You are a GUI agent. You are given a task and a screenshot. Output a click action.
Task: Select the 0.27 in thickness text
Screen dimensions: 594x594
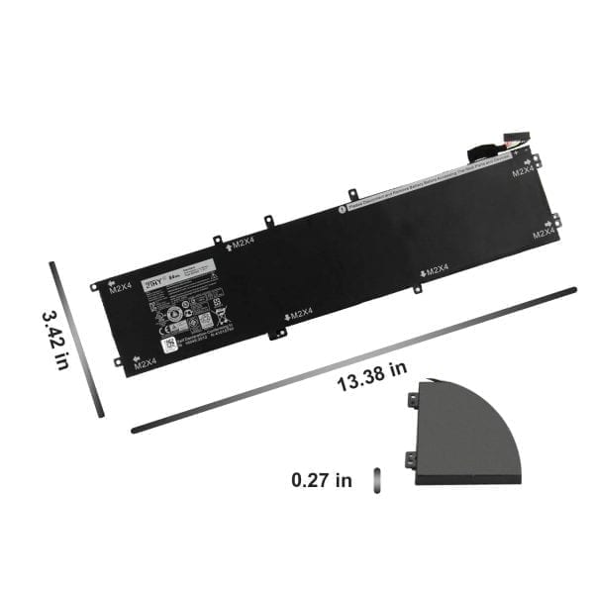(322, 480)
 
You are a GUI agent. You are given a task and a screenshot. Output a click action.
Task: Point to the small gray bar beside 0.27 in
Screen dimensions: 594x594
(375, 480)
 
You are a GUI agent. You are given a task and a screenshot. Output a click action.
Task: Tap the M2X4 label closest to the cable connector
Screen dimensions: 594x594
(524, 171)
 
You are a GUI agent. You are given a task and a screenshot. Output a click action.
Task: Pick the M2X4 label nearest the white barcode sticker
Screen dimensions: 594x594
(146, 363)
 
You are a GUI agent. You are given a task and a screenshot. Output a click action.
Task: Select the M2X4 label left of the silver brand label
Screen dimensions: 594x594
(121, 289)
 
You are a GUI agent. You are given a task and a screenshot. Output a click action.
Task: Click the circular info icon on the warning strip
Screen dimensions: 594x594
(342, 208)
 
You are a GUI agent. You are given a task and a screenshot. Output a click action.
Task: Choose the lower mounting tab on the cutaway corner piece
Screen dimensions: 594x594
(410, 457)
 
